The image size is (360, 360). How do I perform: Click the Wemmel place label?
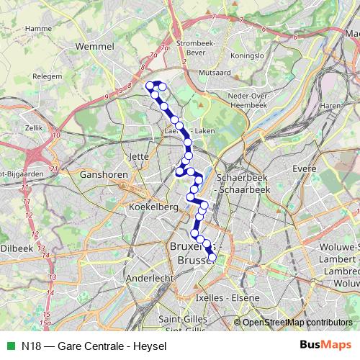[x=94, y=47]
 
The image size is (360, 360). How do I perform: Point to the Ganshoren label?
[x=104, y=174]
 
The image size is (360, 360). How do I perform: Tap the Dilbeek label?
[x=17, y=248]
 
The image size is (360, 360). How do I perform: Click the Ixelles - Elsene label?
[x=225, y=297]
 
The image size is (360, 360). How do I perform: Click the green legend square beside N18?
[x=10, y=345]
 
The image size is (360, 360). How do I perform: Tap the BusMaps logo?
[x=325, y=345]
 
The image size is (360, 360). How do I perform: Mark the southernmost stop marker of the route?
[x=212, y=257]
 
